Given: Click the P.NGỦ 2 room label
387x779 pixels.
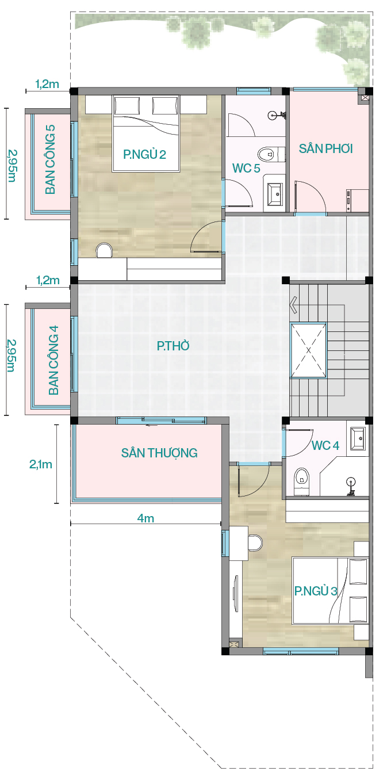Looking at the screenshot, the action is (144, 154).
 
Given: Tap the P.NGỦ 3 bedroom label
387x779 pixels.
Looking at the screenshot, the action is (316, 590).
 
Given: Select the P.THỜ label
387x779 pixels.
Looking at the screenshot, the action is (173, 346).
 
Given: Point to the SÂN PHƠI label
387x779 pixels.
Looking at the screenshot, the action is (326, 148).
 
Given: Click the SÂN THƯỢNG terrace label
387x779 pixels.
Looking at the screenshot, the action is (159, 453).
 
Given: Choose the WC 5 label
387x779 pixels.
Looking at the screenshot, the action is (246, 169).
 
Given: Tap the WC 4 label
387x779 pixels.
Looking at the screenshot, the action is (325, 445).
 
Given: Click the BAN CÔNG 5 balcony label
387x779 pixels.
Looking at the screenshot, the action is (51, 159).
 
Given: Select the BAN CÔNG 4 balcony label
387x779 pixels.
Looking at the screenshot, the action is (53, 360).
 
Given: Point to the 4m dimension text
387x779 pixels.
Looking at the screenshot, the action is (145, 518).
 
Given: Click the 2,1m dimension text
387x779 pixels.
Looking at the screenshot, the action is (41, 464).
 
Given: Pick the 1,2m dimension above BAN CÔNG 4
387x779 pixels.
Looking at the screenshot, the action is (48, 280).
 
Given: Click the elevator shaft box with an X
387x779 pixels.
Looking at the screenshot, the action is (309, 350).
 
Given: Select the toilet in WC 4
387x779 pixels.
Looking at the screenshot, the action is (301, 481).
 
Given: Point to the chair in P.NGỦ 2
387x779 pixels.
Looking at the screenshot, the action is (104, 250).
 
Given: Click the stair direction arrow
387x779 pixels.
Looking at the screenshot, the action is (293, 305).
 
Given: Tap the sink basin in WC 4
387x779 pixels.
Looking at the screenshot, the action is (358, 438).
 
